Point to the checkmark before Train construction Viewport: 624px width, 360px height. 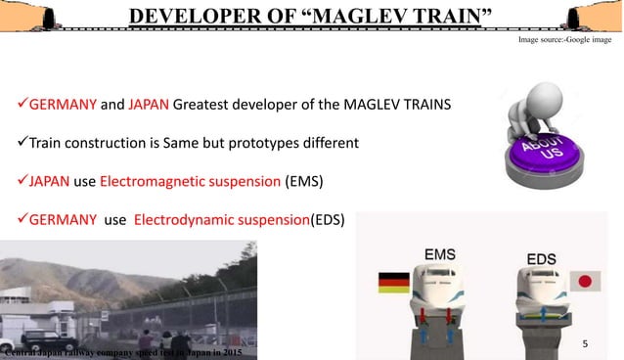coord(21,143)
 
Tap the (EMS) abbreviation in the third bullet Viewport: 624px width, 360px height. coord(303,181)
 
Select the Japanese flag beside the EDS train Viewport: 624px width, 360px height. coord(585,282)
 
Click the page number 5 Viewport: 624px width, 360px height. coord(585,344)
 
